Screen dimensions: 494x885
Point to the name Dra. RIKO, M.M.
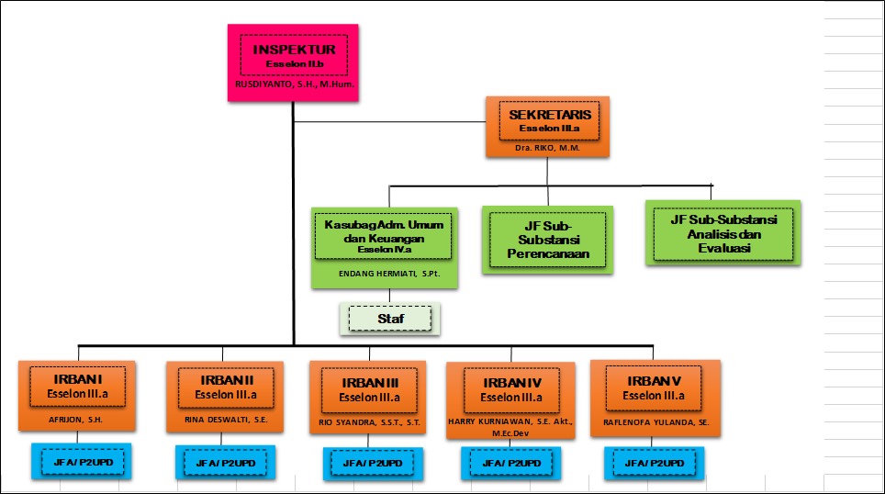[547, 146]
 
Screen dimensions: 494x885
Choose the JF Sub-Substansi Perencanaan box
[547, 239]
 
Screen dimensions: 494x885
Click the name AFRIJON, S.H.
[76, 421]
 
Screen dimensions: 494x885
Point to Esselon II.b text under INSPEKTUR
[293, 65]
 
